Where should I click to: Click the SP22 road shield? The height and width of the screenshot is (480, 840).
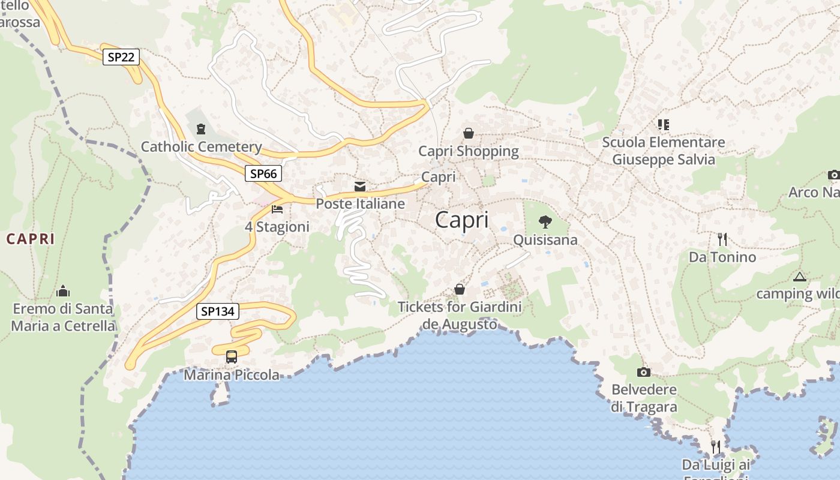pos(121,58)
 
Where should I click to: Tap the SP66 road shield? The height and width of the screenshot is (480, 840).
pos(263,174)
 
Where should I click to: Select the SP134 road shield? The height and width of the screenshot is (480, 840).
pos(218,311)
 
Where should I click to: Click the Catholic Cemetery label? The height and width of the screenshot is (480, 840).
pos(201,147)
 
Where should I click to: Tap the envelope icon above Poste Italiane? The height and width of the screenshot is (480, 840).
pos(360,187)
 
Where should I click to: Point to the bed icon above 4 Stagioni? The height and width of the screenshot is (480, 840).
pos(277,209)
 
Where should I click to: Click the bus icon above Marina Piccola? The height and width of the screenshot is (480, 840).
pos(232,357)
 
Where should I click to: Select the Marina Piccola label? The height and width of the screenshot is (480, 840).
pos(232,376)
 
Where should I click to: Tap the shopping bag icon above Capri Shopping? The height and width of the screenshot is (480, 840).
pos(469,133)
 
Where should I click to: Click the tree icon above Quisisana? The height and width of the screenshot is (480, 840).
pos(545,222)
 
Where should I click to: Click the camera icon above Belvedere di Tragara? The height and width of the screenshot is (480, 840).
pos(644,372)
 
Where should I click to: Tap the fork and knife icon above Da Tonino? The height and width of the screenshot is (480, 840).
pos(722,239)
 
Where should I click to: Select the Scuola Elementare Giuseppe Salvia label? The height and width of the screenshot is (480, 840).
pos(664,151)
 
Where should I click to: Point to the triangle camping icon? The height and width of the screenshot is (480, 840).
pos(799,277)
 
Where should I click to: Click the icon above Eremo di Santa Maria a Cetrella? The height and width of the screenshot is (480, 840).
pos(63,292)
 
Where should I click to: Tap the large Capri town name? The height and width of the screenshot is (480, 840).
pos(461,220)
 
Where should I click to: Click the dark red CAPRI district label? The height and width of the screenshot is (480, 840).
pos(31,239)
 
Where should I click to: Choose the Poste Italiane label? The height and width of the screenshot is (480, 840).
pos(361,204)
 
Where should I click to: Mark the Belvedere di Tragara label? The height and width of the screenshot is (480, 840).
pos(644,398)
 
